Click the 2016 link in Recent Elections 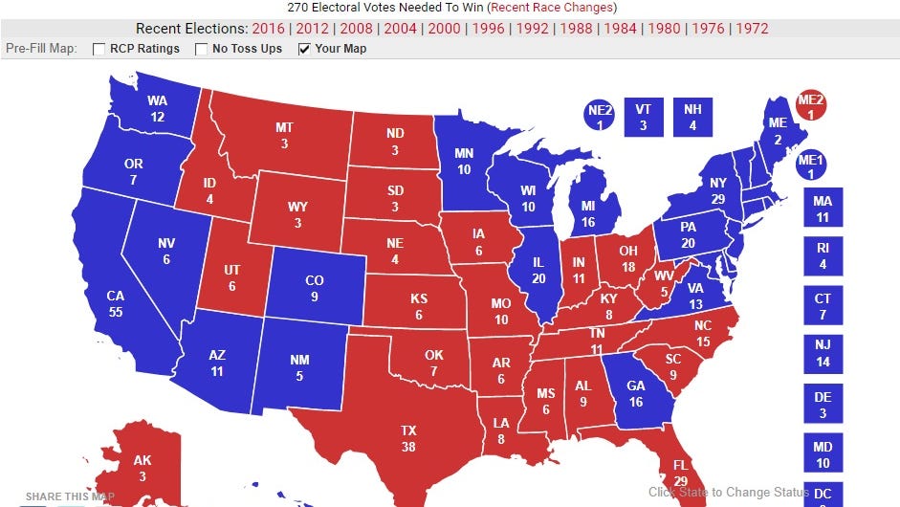[269, 28]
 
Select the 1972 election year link [752, 28]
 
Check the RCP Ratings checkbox [99, 49]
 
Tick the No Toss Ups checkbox [201, 49]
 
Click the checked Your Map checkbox [304, 49]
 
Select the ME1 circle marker [811, 166]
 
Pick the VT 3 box [643, 116]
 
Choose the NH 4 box [692, 116]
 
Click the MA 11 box [823, 208]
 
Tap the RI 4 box [823, 256]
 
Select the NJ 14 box [823, 354]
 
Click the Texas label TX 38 [409, 438]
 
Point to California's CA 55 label [116, 303]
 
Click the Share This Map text [70, 496]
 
